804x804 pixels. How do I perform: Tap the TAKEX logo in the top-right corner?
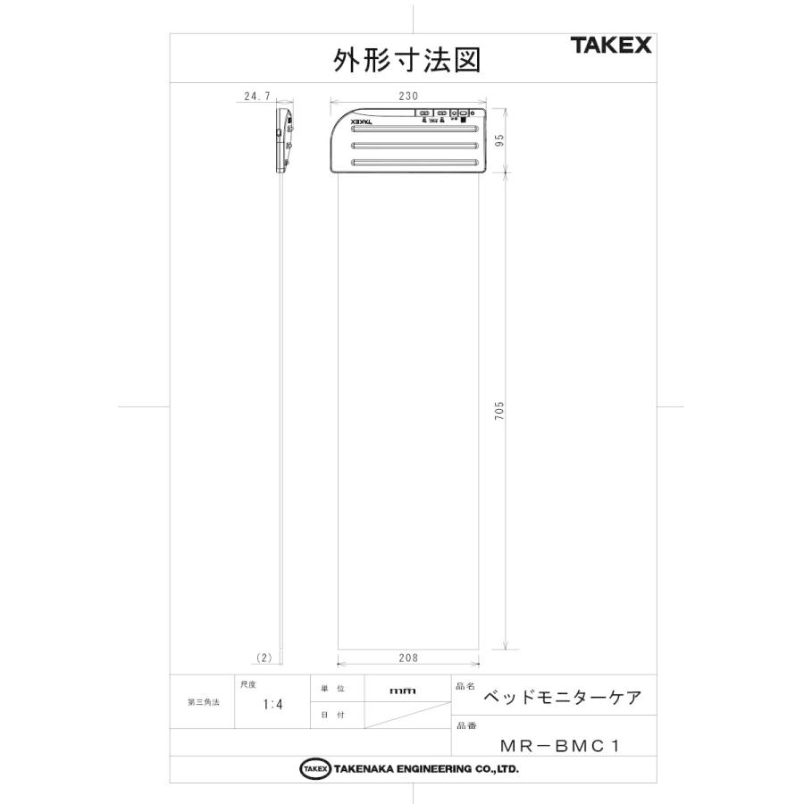tap(611, 46)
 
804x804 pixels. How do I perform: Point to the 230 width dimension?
tap(407, 95)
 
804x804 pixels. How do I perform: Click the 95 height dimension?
tap(501, 140)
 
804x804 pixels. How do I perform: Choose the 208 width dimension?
tap(407, 657)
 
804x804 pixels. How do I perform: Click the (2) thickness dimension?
tap(264, 657)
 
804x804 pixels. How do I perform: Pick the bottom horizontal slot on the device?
tap(417, 162)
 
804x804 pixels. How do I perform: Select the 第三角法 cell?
tap(203, 702)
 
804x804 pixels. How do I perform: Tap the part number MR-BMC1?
tap(560, 743)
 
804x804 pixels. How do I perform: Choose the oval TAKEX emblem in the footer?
tap(314, 769)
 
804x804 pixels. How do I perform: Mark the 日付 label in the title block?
tap(332, 716)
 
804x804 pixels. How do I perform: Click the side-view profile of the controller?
tap(284, 140)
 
